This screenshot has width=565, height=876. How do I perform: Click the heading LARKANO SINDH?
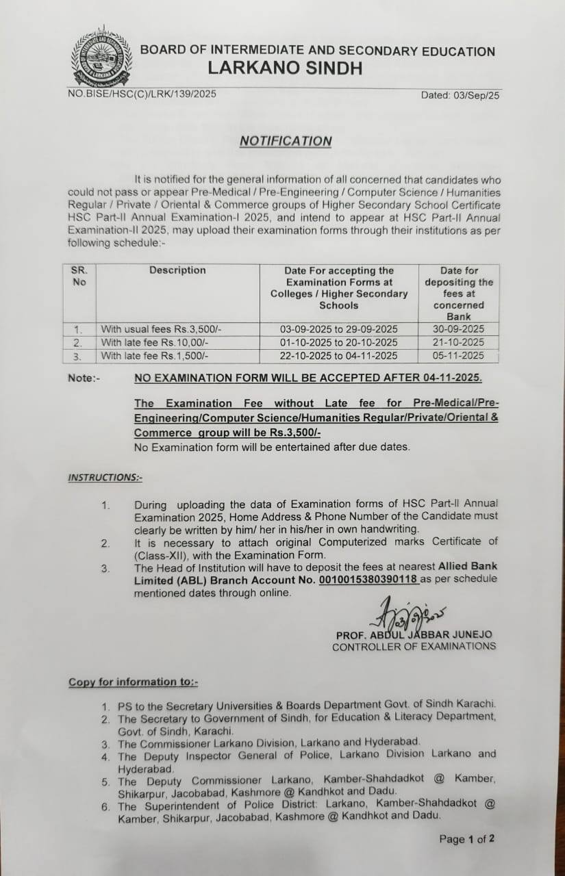point(285,68)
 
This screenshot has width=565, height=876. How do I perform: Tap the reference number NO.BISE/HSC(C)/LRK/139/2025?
point(142,94)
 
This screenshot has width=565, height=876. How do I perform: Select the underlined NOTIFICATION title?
point(286,141)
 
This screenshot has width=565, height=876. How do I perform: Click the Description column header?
point(177,270)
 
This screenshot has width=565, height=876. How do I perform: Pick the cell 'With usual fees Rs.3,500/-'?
point(161,329)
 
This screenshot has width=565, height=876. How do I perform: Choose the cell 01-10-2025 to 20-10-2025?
point(338,342)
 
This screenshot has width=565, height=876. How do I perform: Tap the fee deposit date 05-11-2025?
point(458,355)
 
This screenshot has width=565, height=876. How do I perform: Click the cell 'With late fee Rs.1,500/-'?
point(154,355)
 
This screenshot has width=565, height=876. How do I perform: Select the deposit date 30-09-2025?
point(458,329)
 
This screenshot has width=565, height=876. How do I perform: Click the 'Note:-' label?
point(83,378)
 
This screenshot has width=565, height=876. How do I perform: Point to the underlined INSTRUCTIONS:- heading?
point(105,478)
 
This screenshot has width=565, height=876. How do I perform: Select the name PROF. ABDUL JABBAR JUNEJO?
point(414,635)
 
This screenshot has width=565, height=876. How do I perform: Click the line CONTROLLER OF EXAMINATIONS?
point(414,647)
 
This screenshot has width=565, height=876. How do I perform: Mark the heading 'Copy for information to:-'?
point(133,682)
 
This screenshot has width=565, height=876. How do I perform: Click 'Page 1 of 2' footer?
point(466,839)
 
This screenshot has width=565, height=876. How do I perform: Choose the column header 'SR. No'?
point(79,276)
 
